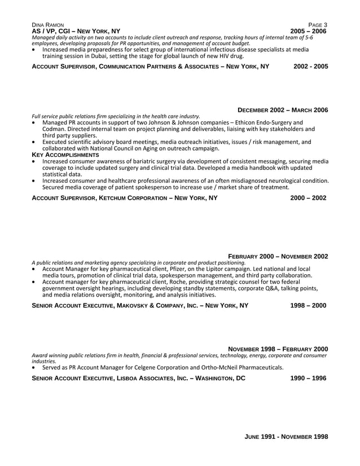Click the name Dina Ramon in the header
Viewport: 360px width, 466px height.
coord(48,25)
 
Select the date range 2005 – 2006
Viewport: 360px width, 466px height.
coord(308,31)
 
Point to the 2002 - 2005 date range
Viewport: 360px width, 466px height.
coord(310,67)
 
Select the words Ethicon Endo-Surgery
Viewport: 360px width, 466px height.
coord(266,122)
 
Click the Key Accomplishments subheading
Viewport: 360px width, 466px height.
coord(65,155)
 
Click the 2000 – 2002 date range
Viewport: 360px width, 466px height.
coord(308,198)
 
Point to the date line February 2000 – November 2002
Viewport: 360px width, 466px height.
coord(278,256)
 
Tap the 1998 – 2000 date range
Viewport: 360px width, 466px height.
coord(308,306)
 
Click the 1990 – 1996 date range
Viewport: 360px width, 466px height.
coord(308,379)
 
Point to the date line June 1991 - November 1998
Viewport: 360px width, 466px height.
coord(286,437)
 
